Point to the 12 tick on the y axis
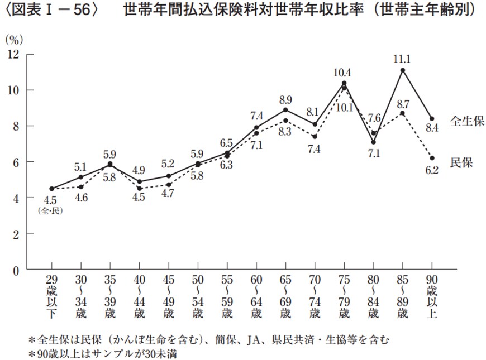click(x=13, y=54)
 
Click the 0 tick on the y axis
click(x=16, y=271)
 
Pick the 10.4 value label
click(x=343, y=72)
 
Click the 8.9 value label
click(x=285, y=99)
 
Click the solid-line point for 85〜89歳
click(x=402, y=70)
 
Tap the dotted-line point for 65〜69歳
click(x=285, y=121)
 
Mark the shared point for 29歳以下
click(x=52, y=189)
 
